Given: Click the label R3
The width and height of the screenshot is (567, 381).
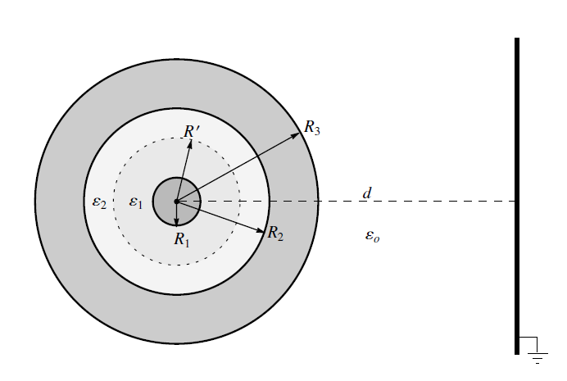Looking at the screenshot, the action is tap(312, 128).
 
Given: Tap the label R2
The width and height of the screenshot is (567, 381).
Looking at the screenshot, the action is tap(275, 234).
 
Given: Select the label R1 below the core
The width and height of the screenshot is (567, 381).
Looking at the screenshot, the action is tap(182, 239).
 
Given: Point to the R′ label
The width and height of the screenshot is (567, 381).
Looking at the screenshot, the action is tap(192, 132).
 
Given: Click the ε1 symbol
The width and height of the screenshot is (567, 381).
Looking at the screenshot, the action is tap(136, 202).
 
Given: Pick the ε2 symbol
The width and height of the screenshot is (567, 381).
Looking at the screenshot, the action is tap(99, 202).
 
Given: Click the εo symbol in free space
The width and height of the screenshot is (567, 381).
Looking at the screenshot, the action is tap(373, 237).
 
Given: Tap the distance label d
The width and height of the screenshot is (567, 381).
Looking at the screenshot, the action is tap(367, 193).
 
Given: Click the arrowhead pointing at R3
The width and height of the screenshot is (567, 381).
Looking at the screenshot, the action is tap(296, 135).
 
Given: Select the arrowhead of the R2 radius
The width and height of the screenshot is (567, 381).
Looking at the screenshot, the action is tap(261, 230).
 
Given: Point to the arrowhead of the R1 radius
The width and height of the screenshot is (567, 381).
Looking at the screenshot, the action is tap(176, 222).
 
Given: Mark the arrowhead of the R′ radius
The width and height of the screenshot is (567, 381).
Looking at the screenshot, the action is tap(190, 143).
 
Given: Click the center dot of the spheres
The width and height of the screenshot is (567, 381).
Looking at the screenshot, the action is tap(176, 202).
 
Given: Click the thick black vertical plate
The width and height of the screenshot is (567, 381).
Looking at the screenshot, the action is tap(517, 197).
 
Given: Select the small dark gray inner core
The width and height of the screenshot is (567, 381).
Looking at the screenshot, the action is tap(176, 202).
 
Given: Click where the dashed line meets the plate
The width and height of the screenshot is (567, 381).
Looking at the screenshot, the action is tap(515, 201).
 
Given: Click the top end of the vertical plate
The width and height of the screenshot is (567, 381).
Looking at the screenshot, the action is tap(517, 38).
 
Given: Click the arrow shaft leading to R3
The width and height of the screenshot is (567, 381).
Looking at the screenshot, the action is tap(238, 167).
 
